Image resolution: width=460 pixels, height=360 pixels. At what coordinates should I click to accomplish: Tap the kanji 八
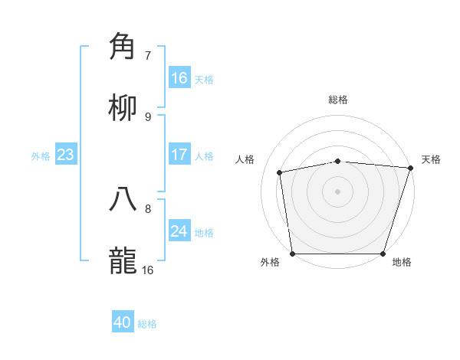pyautogui.click(x=123, y=199)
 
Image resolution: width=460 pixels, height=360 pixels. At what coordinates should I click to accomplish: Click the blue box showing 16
pyautogui.click(x=179, y=78)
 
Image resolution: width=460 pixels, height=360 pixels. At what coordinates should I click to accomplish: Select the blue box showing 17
pyautogui.click(x=179, y=155)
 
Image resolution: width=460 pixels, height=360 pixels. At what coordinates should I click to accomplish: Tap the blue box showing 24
pyautogui.click(x=179, y=231)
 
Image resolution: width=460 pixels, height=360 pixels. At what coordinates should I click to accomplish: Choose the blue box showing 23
pyautogui.click(x=65, y=155)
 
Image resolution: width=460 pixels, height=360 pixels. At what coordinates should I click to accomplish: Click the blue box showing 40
pyautogui.click(x=123, y=322)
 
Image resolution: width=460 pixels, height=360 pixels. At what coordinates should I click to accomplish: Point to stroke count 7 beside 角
pyautogui.click(x=148, y=55)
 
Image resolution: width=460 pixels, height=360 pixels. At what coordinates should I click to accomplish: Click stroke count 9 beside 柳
pyautogui.click(x=148, y=116)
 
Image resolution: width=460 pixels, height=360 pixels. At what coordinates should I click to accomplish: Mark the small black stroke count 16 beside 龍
pyautogui.click(x=148, y=270)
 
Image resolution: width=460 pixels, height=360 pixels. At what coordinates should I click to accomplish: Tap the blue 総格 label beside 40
pyautogui.click(x=147, y=324)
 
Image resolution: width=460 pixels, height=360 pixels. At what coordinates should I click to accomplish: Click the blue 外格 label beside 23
pyautogui.click(x=41, y=156)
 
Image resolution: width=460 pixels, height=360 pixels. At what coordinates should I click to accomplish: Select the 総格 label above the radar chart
pyautogui.click(x=338, y=100)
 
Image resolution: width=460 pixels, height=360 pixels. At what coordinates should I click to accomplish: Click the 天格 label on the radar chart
pyautogui.click(x=431, y=159)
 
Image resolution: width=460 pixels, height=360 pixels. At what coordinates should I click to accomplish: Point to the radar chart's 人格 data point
pyautogui.click(x=280, y=172)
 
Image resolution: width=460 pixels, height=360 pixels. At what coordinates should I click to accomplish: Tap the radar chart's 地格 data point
pyautogui.click(x=383, y=254)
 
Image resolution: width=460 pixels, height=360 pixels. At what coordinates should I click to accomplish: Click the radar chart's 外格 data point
pyautogui.click(x=293, y=254)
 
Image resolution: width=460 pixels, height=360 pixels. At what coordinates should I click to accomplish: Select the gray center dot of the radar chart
pyautogui.click(x=337, y=191)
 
